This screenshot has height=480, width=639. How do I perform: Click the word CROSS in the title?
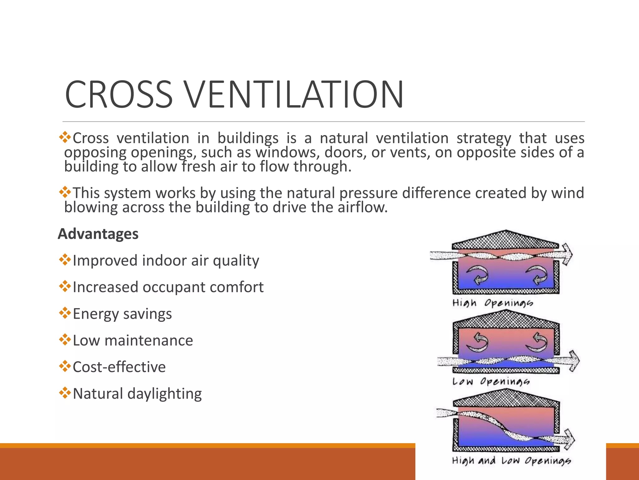(119, 95)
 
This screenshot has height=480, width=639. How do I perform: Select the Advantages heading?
(98, 234)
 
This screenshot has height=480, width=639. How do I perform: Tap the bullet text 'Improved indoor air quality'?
(166, 261)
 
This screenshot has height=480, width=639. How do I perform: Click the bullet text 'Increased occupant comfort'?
(168, 287)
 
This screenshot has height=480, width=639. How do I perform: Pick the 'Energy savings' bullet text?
(122, 314)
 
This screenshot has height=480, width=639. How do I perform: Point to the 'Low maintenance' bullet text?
(133, 340)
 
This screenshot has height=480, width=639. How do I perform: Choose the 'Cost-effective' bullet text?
(119, 367)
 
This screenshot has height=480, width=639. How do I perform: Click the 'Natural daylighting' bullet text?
(137, 394)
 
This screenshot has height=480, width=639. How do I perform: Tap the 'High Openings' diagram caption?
(493, 303)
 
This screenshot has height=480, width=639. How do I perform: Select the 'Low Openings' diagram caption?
(491, 382)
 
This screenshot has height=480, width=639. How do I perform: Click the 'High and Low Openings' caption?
(511, 461)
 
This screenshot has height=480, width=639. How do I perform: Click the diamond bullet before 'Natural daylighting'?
(65, 393)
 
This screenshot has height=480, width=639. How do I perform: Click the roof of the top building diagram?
(505, 240)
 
